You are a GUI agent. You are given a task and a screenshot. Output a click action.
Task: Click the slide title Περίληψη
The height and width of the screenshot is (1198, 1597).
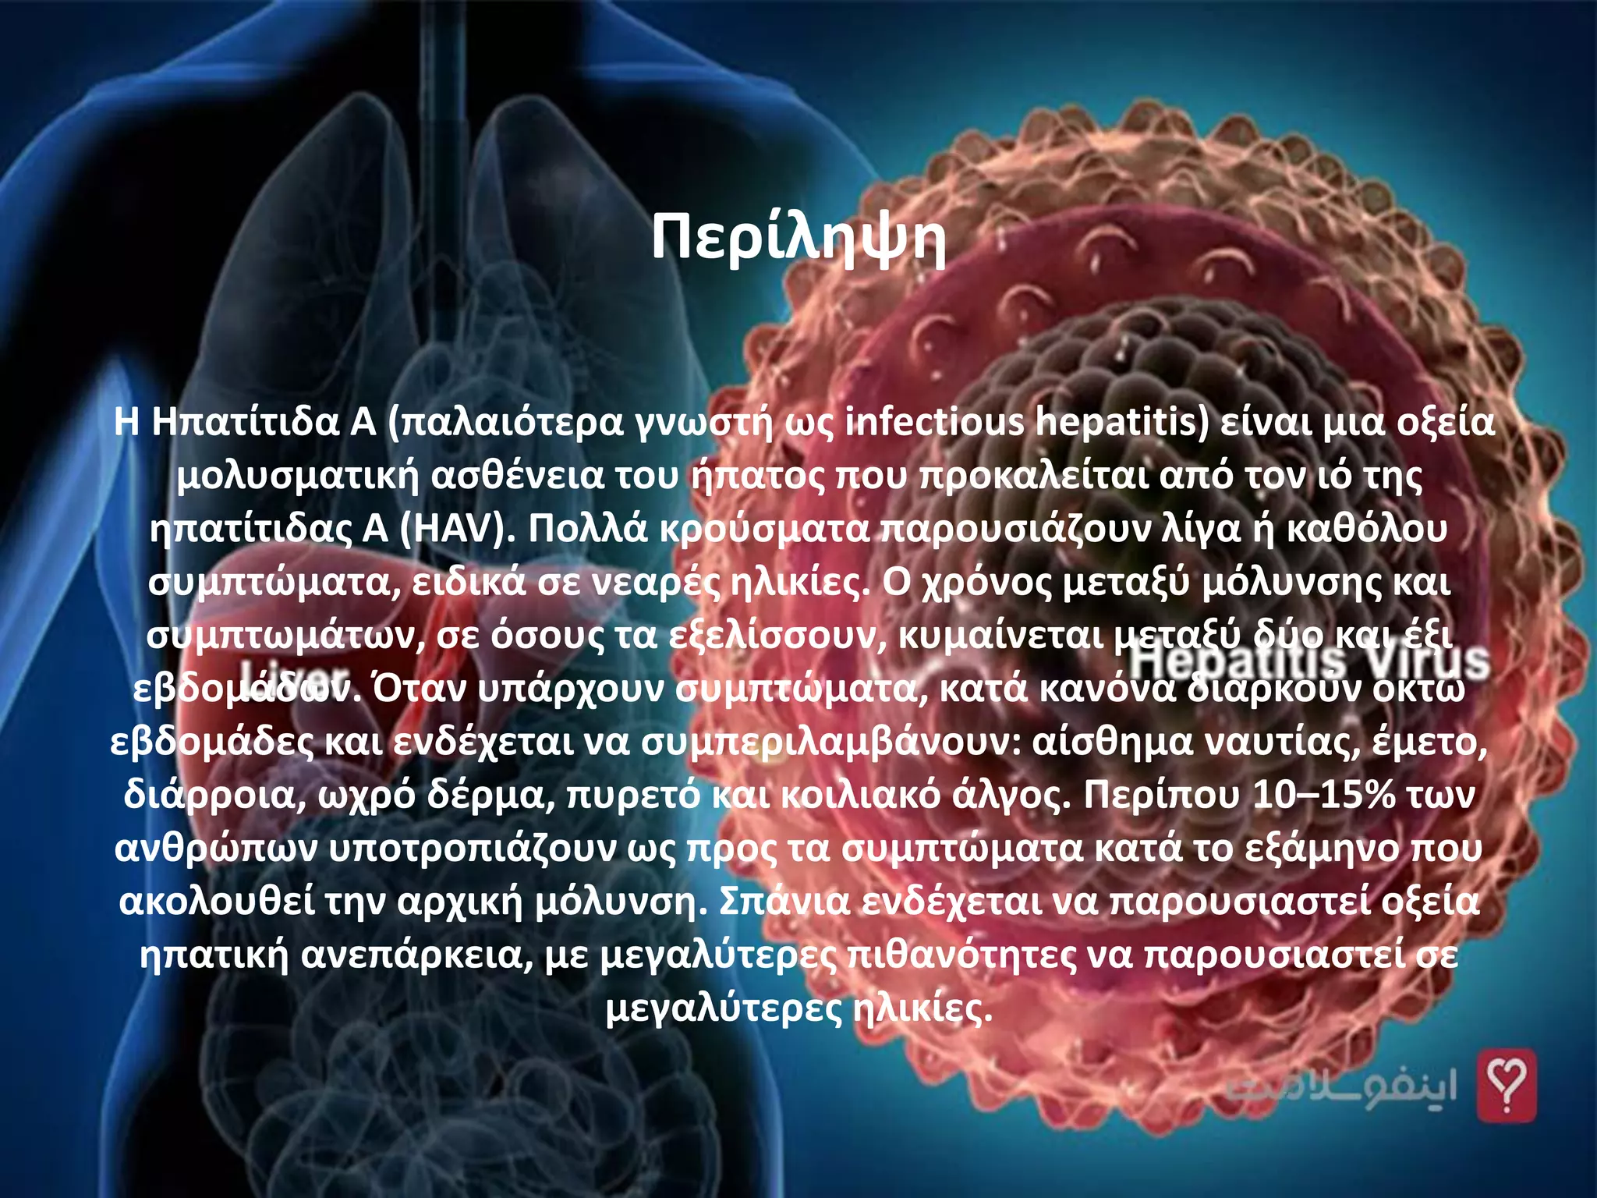(x=798, y=239)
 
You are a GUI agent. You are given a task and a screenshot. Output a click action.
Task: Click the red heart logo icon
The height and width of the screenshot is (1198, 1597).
(x=1507, y=1085)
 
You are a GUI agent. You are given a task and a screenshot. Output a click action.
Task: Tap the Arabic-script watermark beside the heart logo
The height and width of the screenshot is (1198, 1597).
(x=1341, y=1087)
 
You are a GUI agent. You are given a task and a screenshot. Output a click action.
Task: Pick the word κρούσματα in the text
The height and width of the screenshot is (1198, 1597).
(x=764, y=529)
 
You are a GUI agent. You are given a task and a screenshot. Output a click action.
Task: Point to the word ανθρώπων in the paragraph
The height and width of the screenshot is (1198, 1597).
(x=217, y=849)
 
